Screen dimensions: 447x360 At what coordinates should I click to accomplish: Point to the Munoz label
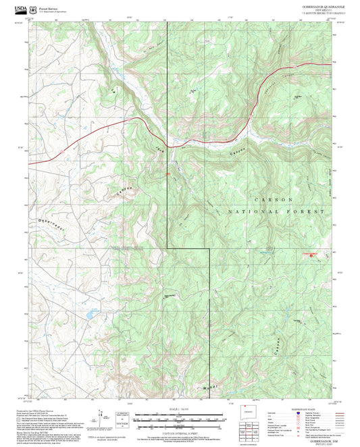211,388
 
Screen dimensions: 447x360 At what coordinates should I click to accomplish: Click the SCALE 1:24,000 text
179,410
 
